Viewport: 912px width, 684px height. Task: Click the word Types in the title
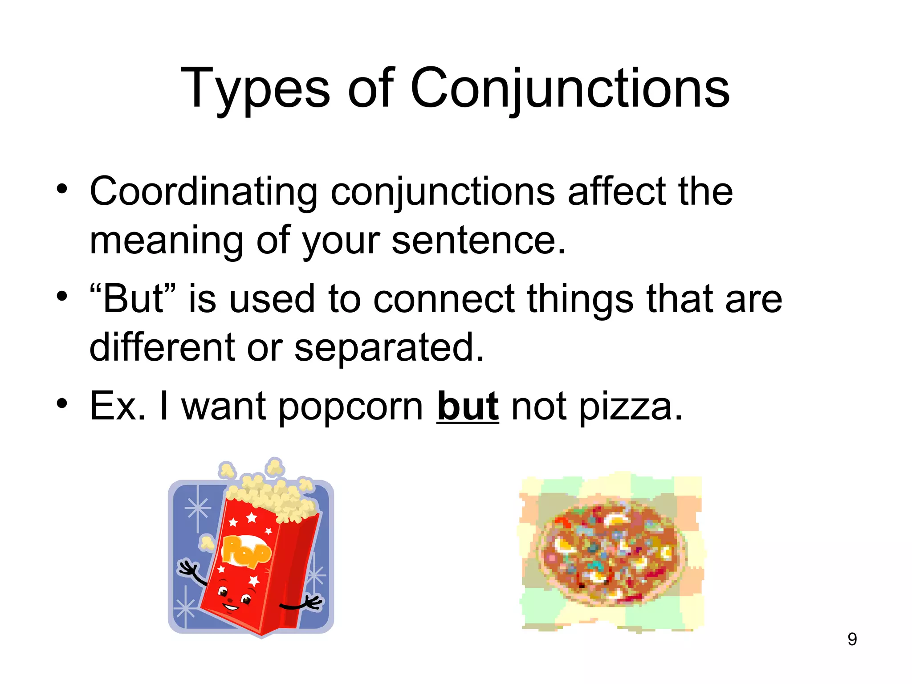[x=255, y=89]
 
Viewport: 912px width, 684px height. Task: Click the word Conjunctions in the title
[x=570, y=89]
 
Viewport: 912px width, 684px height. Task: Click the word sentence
[x=479, y=240]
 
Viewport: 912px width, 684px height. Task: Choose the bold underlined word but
[x=468, y=406]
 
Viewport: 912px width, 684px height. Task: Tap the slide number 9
[x=852, y=639]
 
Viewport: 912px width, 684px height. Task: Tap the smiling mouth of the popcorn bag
[x=232, y=607]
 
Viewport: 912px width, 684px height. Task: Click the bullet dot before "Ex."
[x=62, y=403]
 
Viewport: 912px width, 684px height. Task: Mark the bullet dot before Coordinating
[x=62, y=188]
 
